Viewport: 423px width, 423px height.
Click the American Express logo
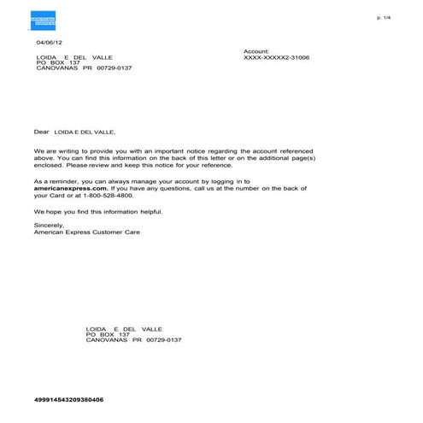click(41, 20)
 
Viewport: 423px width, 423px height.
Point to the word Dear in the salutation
click(42, 132)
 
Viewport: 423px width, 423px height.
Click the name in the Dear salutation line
click(84, 133)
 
